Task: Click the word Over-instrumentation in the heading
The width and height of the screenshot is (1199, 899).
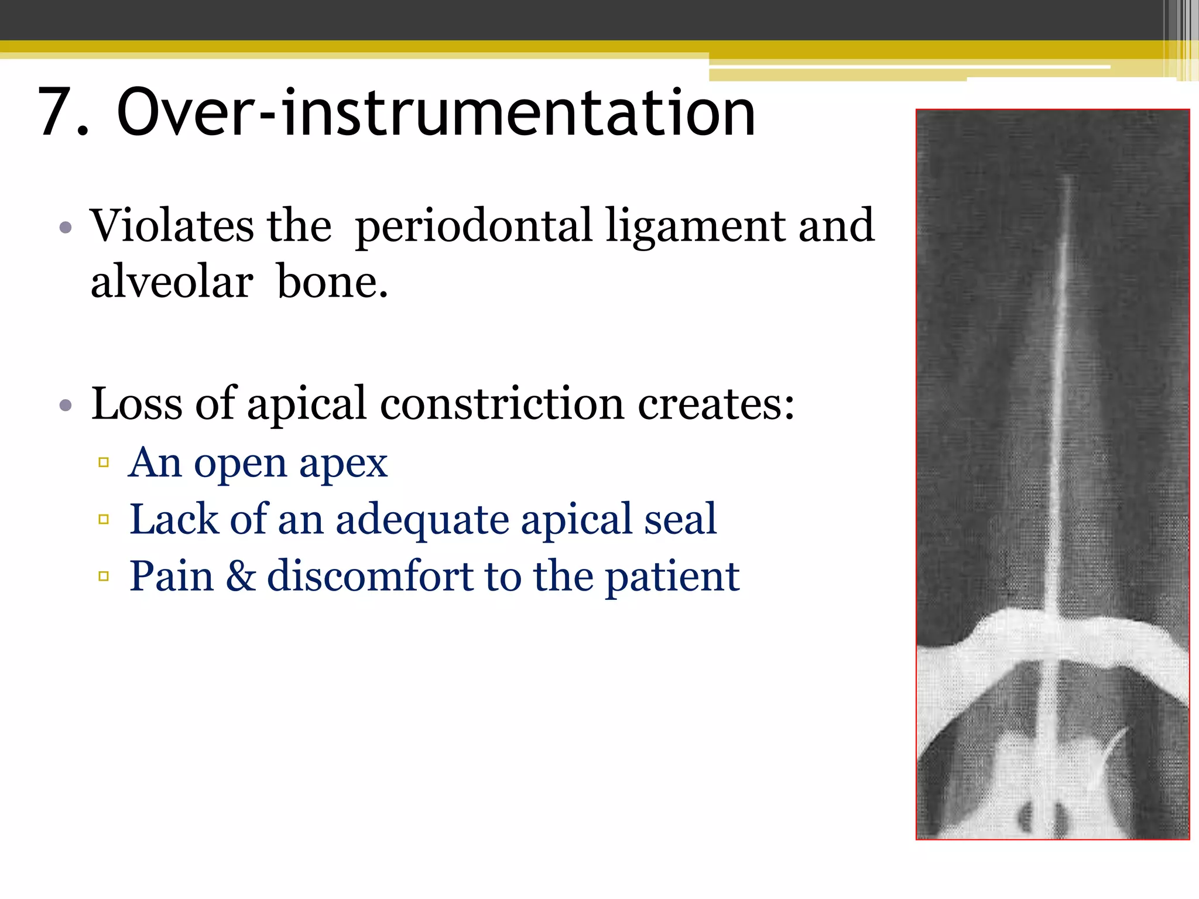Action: click(x=436, y=112)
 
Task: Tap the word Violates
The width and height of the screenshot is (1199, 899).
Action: click(x=172, y=226)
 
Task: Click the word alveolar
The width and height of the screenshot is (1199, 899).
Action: click(x=172, y=282)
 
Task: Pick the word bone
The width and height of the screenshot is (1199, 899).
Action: click(x=332, y=282)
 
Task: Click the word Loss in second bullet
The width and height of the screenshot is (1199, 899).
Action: click(x=136, y=404)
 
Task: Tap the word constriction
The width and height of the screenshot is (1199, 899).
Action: click(x=502, y=404)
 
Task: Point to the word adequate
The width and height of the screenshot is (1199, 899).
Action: click(x=422, y=520)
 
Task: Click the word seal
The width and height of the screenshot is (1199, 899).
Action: click(x=680, y=520)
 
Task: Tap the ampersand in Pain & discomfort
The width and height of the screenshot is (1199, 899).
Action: click(x=241, y=576)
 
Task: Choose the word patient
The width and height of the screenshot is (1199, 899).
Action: click(x=672, y=577)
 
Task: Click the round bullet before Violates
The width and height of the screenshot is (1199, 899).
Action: click(x=66, y=227)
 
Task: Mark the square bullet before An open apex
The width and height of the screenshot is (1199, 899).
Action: click(x=104, y=462)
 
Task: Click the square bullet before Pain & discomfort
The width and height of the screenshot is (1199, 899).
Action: click(x=104, y=576)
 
